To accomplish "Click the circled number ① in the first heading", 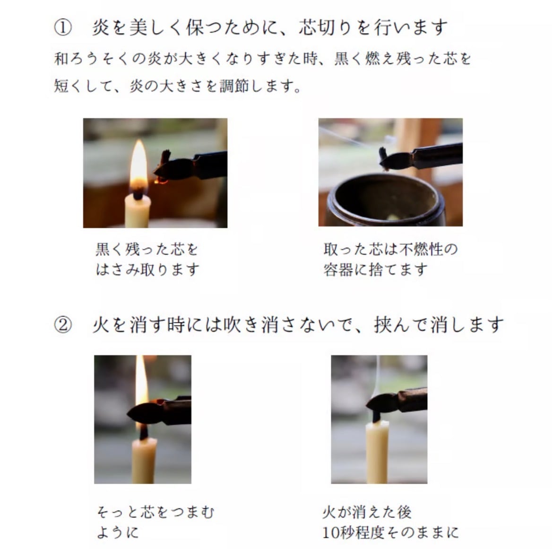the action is click(x=63, y=27).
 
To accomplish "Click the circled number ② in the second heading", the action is click(x=63, y=325).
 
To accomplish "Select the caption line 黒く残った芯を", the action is click(x=147, y=250).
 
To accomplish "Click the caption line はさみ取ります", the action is click(x=147, y=270).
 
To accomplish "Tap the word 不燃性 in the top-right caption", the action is click(x=421, y=250).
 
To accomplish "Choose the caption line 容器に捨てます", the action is click(x=375, y=270).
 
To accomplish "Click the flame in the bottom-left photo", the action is click(x=141, y=381).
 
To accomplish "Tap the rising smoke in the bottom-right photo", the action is click(x=378, y=374).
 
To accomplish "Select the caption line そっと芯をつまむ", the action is click(x=156, y=512).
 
